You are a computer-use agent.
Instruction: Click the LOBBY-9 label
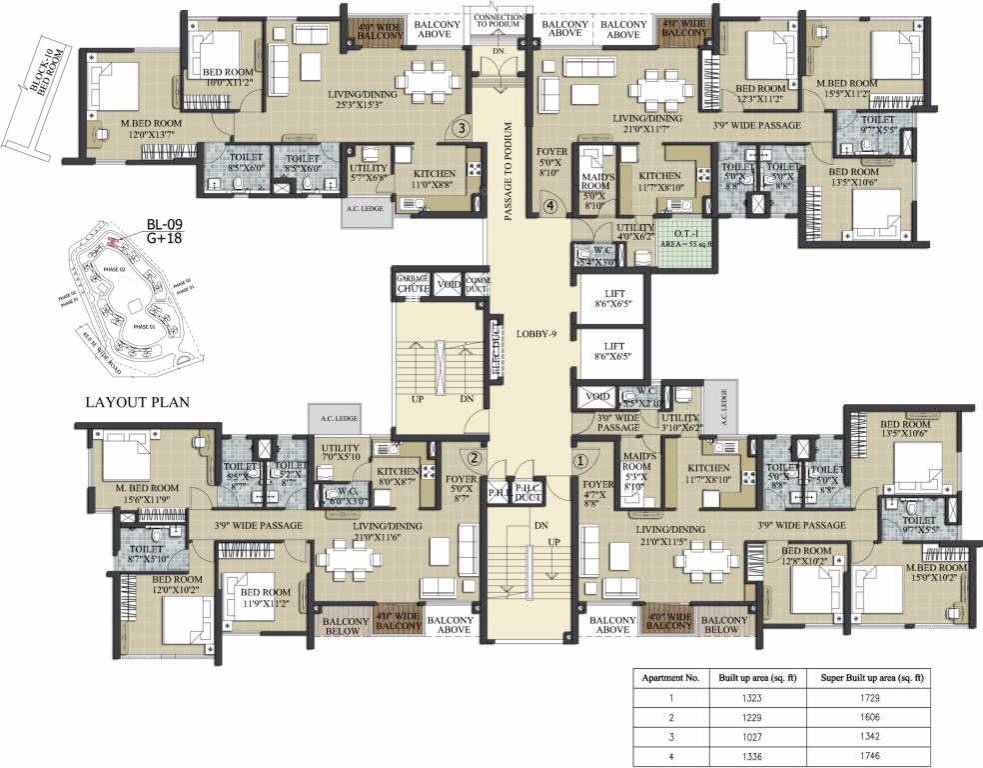coord(535,333)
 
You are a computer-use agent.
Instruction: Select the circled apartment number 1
coord(579,462)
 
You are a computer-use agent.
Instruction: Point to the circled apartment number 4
coord(548,207)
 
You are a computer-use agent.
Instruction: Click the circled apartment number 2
coord(475,459)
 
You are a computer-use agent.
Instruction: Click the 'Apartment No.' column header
coord(668,677)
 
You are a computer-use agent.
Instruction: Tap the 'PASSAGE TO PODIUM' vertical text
coord(508,170)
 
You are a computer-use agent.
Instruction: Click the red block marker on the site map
coord(112,243)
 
